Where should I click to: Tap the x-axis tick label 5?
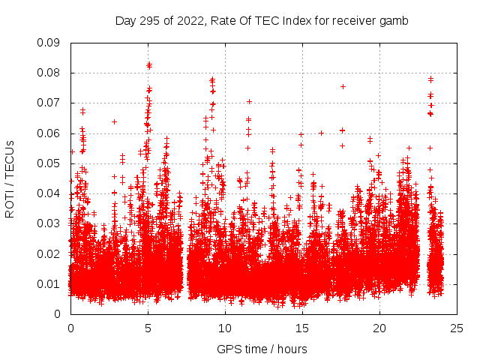coord(148,328)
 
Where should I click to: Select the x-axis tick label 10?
coord(225,328)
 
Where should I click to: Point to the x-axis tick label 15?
coord(302,328)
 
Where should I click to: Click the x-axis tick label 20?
coord(379,328)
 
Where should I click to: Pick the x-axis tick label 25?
coord(457,328)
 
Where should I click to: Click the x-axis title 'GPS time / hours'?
coord(262,349)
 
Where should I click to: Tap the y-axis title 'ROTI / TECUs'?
coord(10,178)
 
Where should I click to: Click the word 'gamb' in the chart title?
coord(394,21)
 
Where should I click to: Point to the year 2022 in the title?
coord(192,21)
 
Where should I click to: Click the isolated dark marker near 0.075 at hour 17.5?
coord(343,86)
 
